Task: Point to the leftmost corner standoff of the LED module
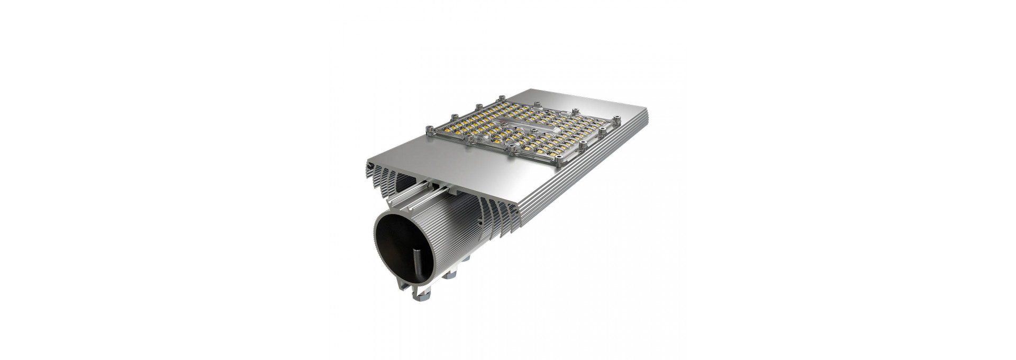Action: (x=430, y=129)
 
